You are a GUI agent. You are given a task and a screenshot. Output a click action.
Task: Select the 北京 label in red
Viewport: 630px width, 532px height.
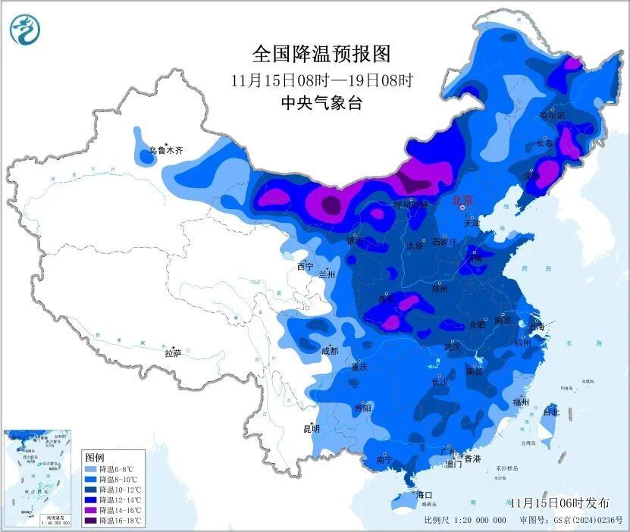[462, 200]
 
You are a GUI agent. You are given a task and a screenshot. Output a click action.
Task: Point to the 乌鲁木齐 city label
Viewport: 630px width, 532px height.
[165, 151]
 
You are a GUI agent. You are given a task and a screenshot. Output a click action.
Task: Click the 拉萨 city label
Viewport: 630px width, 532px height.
[173, 352]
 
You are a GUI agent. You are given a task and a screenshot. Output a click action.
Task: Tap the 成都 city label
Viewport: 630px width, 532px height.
[329, 351]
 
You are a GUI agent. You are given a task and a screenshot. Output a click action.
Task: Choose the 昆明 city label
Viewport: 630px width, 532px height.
[312, 428]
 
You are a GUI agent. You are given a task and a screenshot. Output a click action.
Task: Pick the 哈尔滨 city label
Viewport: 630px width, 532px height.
[552, 115]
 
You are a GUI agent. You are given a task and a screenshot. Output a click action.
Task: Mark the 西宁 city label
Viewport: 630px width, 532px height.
[305, 266]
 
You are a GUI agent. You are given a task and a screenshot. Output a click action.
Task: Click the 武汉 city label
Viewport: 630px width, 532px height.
[453, 346]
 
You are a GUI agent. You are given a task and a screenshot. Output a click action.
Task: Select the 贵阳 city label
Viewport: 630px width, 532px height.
[362, 408]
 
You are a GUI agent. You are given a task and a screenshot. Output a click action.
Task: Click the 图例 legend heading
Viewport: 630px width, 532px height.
[94, 458]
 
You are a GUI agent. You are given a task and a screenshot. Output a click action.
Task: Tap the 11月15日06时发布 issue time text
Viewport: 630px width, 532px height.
[559, 502]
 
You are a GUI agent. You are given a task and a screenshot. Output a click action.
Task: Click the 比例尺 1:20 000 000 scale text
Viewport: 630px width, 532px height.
[465, 520]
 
